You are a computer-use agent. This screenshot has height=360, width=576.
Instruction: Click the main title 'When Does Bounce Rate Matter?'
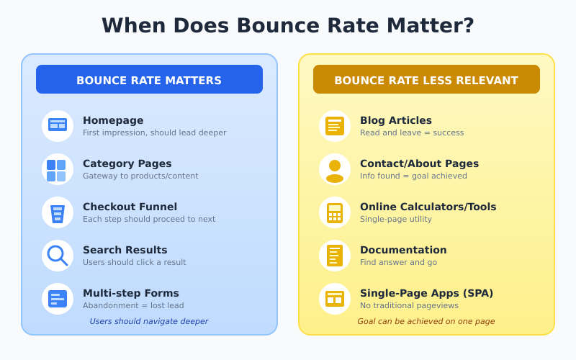coord(288,25)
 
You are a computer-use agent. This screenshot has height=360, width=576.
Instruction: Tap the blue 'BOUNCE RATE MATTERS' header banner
coord(149,80)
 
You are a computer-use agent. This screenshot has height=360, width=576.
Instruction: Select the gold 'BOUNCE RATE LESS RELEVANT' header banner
coord(426,80)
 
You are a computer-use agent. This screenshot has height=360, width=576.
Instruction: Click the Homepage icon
coord(58,125)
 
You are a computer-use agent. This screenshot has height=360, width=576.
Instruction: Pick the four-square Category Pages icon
coord(58,170)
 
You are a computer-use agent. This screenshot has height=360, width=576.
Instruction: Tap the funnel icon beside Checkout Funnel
coord(58,213)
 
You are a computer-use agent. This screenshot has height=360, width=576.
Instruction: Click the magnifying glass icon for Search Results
coord(58,256)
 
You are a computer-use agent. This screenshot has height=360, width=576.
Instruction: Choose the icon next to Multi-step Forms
coord(58,299)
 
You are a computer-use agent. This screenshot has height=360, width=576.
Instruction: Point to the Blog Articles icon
coord(335,126)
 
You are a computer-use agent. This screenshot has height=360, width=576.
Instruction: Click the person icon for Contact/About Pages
coord(335,169)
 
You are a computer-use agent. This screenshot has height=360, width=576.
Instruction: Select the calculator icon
coord(335,212)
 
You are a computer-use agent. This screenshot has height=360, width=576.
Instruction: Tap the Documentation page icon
coord(335,256)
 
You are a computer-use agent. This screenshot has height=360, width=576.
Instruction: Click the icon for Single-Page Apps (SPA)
coord(335,299)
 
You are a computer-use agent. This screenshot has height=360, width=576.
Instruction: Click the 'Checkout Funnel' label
coord(130,207)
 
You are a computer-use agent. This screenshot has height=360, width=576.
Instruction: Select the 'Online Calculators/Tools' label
coord(428,207)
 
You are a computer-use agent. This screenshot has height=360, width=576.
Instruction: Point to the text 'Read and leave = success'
coord(412,132)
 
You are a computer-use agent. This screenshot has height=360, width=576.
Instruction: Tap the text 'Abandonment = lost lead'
coord(133,305)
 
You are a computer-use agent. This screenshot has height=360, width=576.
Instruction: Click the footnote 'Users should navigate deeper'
coord(149,321)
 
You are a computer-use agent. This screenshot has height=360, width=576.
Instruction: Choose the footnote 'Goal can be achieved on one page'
coord(426,321)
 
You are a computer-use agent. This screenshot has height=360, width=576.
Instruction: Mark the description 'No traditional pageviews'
coord(409,305)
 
